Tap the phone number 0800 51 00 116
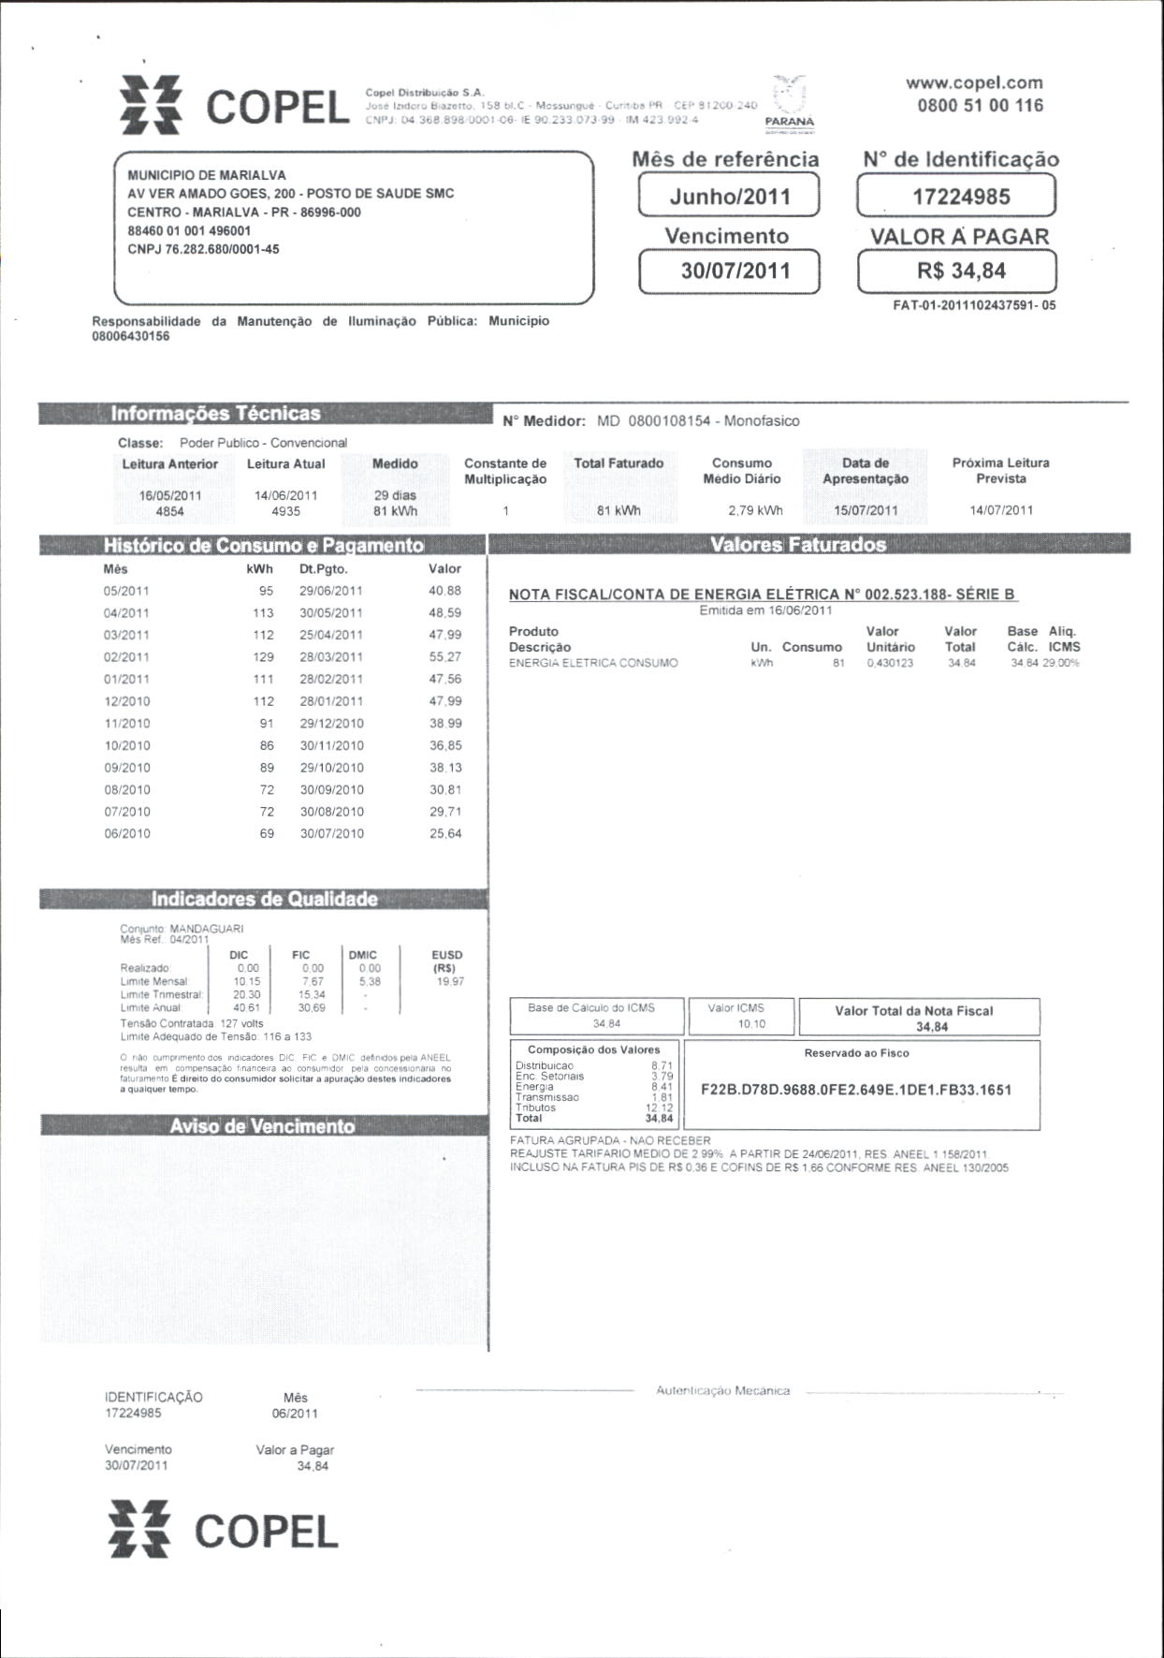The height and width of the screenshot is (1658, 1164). tap(980, 105)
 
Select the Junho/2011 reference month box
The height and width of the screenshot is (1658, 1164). tap(729, 197)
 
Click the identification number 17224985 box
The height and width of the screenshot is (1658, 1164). tap(955, 197)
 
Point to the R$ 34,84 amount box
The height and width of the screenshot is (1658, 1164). tap(956, 271)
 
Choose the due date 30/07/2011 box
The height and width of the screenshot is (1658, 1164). tap(729, 271)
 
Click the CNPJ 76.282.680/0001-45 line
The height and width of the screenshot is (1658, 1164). tap(203, 249)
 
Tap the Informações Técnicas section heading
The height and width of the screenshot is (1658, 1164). tap(215, 414)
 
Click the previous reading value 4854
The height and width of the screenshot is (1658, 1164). tap(169, 511)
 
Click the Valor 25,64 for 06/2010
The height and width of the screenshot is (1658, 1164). tap(445, 833)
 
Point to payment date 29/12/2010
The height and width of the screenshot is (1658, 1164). tap(330, 724)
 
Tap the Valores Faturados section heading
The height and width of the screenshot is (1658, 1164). tap(798, 545)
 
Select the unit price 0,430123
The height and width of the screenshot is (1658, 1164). tap(890, 663)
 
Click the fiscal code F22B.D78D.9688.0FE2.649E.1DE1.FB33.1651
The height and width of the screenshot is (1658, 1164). tap(855, 1090)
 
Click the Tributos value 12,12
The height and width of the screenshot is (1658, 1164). tap(659, 1108)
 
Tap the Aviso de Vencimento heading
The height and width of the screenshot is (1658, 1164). tap(262, 1126)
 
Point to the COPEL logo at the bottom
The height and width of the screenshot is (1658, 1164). tap(223, 1532)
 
